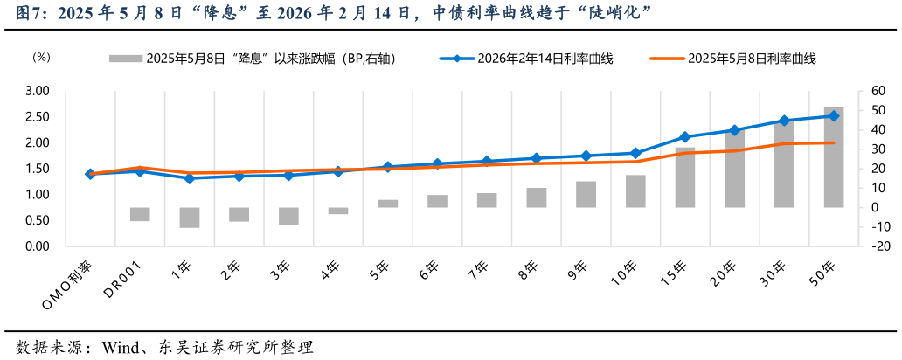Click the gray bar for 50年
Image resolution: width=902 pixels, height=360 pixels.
834,157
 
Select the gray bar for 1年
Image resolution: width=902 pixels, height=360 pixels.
189,218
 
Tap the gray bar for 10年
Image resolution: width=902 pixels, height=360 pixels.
635,191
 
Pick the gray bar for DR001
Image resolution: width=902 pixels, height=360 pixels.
140,214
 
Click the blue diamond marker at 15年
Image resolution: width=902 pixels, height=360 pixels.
685,137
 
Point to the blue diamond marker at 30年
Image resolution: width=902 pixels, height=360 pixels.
784,121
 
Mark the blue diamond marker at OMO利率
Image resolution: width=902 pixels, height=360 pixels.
90,174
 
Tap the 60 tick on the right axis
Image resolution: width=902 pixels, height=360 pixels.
876,91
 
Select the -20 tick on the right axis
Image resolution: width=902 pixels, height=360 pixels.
878,246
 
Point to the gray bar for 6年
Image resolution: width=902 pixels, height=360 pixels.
437,201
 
